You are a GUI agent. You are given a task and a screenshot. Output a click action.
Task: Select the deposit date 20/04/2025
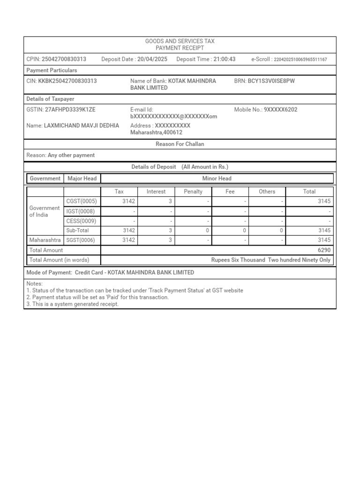(x=152, y=59)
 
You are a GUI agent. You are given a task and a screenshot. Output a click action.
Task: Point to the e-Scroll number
(x=300, y=60)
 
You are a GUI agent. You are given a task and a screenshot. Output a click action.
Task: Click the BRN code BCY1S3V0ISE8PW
(x=271, y=81)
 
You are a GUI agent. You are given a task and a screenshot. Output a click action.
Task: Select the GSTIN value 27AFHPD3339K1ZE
(x=70, y=110)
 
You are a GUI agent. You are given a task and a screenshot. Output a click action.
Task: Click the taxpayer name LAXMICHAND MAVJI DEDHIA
(x=81, y=126)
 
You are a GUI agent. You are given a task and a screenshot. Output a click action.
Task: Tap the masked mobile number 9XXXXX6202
(x=280, y=110)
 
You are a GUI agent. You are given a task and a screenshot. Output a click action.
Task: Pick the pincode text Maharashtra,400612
(x=156, y=133)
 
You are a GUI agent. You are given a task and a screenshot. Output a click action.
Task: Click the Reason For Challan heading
(x=180, y=144)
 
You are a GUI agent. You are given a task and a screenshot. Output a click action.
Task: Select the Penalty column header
(x=193, y=191)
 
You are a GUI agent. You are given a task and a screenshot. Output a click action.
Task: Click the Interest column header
(x=156, y=191)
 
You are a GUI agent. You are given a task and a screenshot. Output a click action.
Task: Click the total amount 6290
(x=324, y=250)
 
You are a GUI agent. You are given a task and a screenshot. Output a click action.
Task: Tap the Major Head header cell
(x=82, y=178)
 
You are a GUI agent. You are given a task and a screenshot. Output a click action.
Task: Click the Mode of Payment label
(x=49, y=272)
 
